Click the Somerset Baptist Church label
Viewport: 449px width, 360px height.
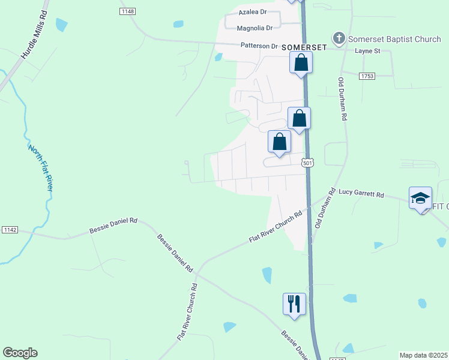[x=394, y=40]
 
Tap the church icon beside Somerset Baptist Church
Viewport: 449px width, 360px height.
[x=339, y=39]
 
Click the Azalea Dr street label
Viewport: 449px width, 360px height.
[x=252, y=12]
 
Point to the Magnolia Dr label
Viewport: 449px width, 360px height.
[x=255, y=28]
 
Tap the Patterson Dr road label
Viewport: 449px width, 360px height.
[x=259, y=46]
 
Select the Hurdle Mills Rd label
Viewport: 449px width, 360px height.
[x=34, y=38]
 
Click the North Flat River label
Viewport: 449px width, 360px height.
[x=41, y=167]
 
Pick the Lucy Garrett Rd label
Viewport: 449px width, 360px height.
[x=361, y=194]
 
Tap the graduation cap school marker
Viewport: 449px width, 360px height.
[x=420, y=198]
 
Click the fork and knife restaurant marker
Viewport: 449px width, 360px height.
[x=294, y=304]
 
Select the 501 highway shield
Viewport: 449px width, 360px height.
[x=307, y=163]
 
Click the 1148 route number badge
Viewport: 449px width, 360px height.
[x=127, y=11]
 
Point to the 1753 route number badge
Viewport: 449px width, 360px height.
[x=367, y=76]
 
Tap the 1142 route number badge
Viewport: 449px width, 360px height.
[x=10, y=230]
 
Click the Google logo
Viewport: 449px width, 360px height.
[x=20, y=353]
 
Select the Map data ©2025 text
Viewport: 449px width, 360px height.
[x=423, y=355]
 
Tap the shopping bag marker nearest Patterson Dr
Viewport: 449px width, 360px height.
[x=301, y=62]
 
